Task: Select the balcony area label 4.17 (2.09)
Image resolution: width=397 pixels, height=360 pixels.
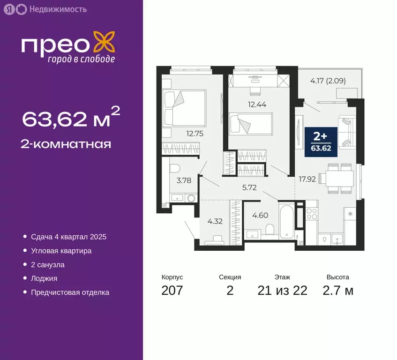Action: coord(328,80)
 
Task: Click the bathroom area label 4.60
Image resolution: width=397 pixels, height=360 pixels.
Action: coord(261,215)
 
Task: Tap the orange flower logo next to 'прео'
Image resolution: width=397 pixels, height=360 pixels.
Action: coord(104,42)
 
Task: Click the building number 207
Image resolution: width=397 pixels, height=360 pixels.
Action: coord(172,290)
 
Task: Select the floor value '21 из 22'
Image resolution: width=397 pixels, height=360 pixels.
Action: coord(282,290)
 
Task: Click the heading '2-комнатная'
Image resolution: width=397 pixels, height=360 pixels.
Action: coord(67,143)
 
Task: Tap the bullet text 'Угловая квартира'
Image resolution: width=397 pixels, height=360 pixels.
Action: coord(61,251)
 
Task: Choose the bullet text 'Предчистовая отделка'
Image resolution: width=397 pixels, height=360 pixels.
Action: coord(70,292)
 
